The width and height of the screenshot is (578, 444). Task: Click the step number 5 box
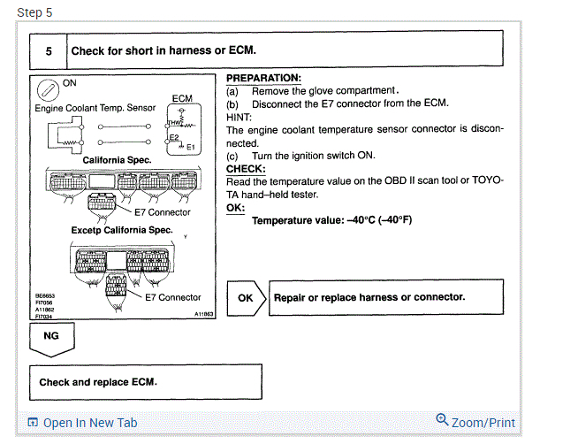tap(49, 50)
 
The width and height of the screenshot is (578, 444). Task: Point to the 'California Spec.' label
tap(118, 160)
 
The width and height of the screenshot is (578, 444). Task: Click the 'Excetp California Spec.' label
tap(122, 231)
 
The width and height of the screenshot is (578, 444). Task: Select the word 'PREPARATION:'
tap(263, 78)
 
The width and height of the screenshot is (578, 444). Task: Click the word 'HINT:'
tap(239, 116)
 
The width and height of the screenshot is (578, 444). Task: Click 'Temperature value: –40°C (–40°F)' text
tap(331, 220)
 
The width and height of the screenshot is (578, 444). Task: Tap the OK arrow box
tap(246, 298)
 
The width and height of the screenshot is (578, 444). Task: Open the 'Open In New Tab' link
tap(83, 423)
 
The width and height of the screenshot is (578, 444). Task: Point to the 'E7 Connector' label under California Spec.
tap(162, 212)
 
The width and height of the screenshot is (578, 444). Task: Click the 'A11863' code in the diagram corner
tap(204, 314)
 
